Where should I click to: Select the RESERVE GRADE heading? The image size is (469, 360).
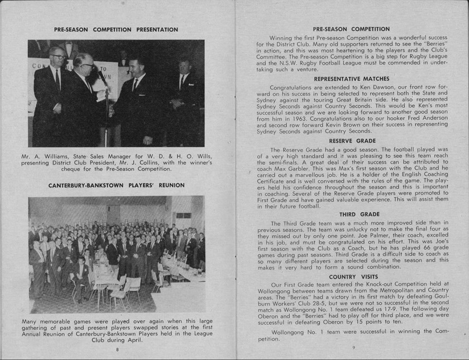tap(352, 141)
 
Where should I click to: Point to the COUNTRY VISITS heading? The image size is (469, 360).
tap(353, 277)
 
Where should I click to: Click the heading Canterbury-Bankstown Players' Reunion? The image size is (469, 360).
tap(116, 185)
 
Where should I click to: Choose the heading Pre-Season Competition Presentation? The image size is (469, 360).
tap(116, 30)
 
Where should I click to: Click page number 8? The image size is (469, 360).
tap(117, 349)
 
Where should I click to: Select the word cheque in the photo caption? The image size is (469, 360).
tap(83, 169)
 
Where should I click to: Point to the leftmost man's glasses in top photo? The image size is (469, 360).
tap(58, 56)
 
